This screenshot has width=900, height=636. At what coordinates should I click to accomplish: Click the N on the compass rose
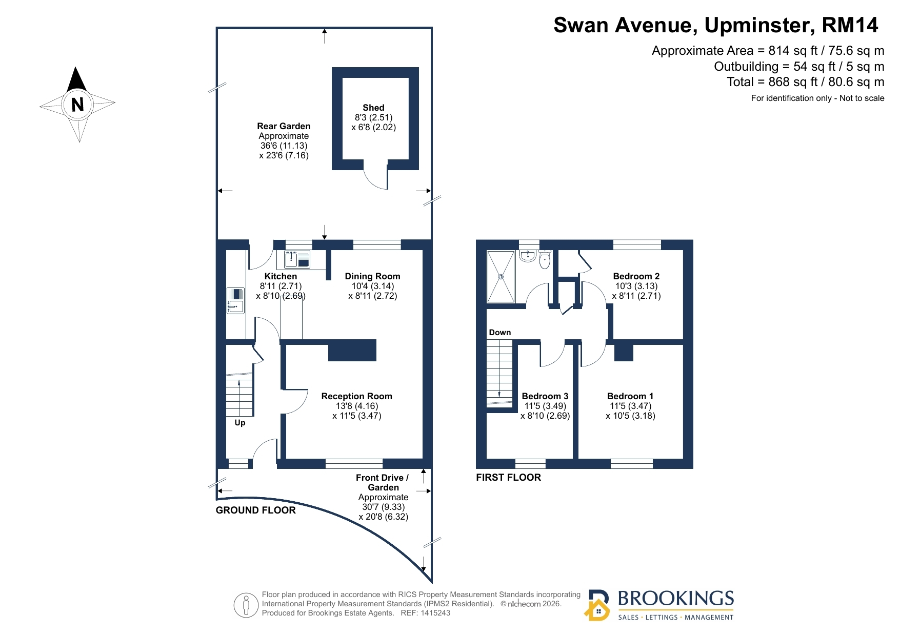(x=77, y=105)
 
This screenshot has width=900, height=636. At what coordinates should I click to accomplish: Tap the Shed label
(x=373, y=108)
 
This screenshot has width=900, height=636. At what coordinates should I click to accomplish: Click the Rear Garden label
(x=284, y=126)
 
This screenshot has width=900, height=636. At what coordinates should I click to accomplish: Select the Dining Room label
(x=372, y=276)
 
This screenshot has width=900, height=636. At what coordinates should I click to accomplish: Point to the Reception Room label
(x=356, y=396)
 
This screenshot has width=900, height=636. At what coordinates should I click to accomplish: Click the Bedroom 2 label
(x=636, y=276)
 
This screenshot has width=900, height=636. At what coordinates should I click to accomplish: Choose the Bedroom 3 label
(x=545, y=396)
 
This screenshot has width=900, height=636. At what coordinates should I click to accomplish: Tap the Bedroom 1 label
(x=630, y=396)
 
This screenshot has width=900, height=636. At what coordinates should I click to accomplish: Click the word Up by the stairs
(x=240, y=423)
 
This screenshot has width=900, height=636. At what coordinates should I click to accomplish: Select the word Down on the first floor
(x=500, y=333)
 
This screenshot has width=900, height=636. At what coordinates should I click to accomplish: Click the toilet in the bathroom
(x=545, y=260)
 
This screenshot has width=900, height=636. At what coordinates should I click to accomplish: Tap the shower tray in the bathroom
(x=501, y=277)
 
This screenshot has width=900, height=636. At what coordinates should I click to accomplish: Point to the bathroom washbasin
(x=528, y=256)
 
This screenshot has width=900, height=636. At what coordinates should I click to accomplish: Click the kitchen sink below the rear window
(x=297, y=259)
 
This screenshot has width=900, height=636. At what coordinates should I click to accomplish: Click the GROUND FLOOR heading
(x=256, y=510)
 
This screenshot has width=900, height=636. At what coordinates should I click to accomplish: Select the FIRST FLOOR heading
(x=508, y=478)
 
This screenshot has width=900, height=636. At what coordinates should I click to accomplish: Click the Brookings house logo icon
(x=597, y=606)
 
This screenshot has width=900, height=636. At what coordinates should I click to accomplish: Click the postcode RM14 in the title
(x=850, y=25)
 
